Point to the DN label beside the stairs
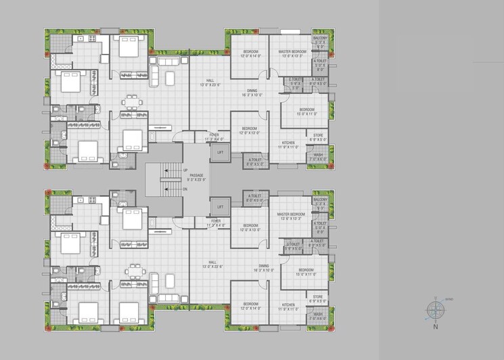[x=185, y=189]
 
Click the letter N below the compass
[x=436, y=327]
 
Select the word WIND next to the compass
[x=449, y=299]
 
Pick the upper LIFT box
[x=220, y=153]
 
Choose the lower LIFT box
[x=220, y=207]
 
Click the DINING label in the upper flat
[x=252, y=90]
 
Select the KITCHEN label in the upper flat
[x=289, y=143]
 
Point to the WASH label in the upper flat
[x=318, y=155]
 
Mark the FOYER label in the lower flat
[x=215, y=221]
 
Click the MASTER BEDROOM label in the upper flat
[x=292, y=51]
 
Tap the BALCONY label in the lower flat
[x=320, y=200]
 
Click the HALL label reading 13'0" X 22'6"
[x=212, y=261]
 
